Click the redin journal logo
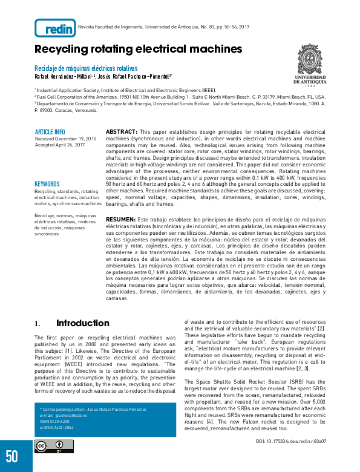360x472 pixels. (55, 28)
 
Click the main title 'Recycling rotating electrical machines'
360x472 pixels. (138, 49)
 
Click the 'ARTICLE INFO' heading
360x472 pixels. (50, 132)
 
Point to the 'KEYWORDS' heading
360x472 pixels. (47, 184)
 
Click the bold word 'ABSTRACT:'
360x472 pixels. (121, 131)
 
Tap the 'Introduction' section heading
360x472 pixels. (83, 323)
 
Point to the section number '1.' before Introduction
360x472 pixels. (38, 324)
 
